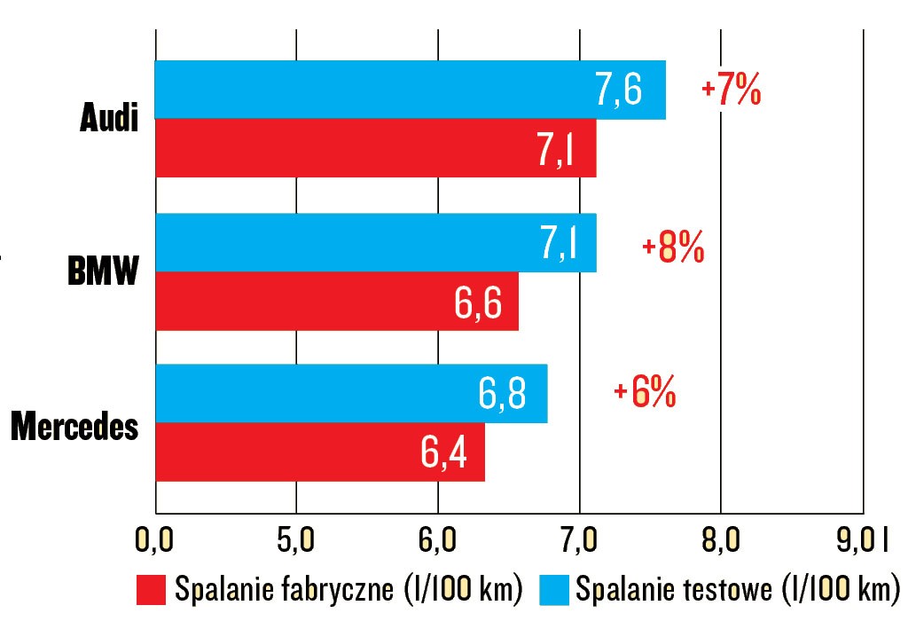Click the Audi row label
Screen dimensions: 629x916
click(110, 119)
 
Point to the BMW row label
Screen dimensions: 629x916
click(104, 271)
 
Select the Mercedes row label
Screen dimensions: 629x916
click(75, 426)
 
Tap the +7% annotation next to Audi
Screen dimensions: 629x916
click(731, 92)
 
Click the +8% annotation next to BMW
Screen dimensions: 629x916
click(673, 249)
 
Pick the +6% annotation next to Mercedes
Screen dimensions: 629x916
click(645, 392)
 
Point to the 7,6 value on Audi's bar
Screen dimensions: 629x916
click(619, 90)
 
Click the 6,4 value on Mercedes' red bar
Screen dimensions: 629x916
click(451, 452)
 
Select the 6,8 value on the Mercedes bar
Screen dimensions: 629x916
click(502, 394)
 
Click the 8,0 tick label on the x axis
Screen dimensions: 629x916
click(720, 540)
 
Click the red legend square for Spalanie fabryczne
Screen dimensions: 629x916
click(150, 590)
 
